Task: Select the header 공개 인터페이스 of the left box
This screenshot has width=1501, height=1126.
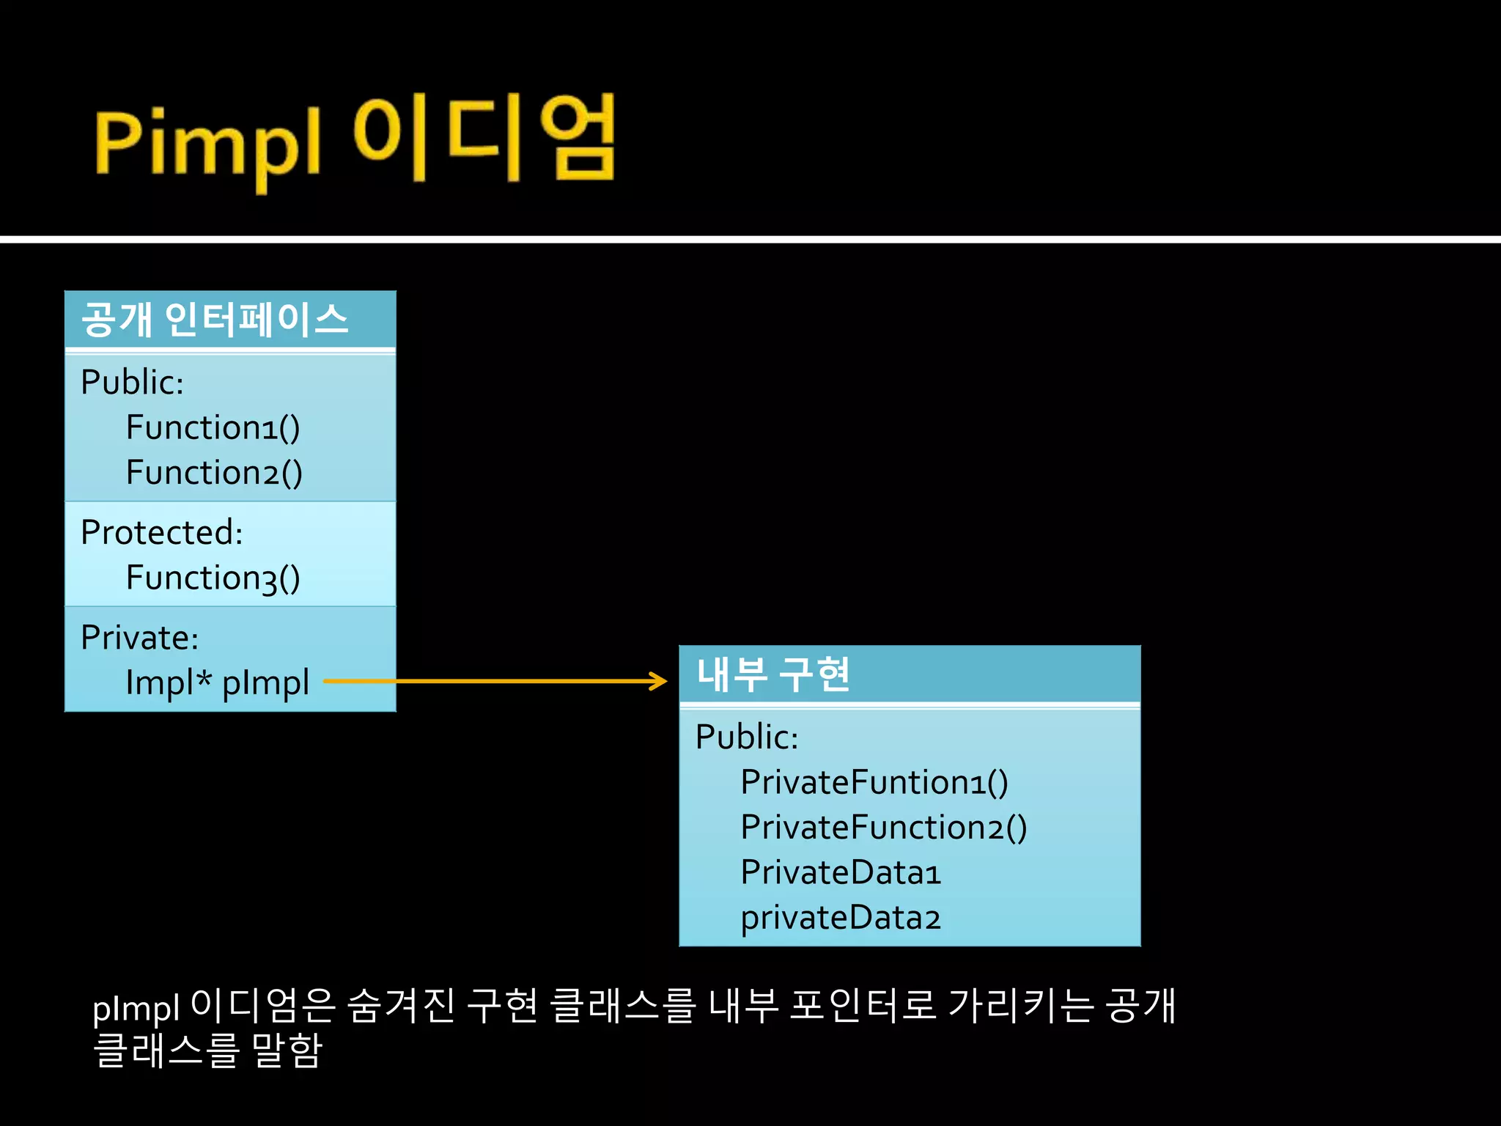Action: point(214,320)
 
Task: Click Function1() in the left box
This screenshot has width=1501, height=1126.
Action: point(213,427)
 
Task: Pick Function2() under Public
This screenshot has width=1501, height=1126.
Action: point(214,473)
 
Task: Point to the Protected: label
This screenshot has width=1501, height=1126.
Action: point(161,532)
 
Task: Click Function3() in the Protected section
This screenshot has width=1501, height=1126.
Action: point(213,578)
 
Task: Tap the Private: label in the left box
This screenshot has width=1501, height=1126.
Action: point(139,638)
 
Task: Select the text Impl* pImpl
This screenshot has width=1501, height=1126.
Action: point(217,683)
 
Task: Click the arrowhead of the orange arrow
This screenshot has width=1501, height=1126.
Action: point(660,681)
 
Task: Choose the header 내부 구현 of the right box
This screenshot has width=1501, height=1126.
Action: point(773,674)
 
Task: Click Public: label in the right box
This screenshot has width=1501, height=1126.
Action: point(746,737)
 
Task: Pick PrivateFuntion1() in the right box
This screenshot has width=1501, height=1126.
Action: point(874,782)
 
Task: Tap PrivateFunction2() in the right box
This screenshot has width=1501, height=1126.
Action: point(883,828)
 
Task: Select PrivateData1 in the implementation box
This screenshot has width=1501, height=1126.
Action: point(840,872)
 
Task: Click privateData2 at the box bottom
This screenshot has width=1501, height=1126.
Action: point(840,918)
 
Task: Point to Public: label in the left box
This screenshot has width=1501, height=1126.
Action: point(132,382)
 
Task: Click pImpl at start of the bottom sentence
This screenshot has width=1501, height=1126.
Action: point(136,1009)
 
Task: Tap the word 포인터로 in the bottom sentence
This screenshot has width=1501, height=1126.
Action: point(863,1006)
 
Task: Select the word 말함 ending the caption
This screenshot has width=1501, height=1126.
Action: point(287,1050)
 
